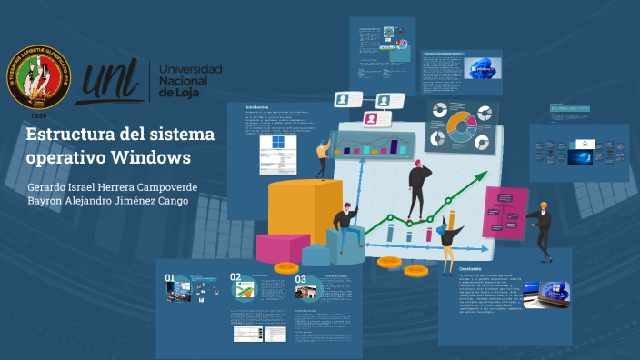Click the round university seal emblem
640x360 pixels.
coord(39,76)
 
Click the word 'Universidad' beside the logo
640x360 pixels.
coord(191,70)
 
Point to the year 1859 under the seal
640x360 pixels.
coord(39,116)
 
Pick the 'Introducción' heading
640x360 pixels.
coord(257,107)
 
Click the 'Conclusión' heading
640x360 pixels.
coord(470,270)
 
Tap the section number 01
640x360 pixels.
coord(170,277)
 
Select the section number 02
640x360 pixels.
coord(235,277)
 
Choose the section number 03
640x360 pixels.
coord(301,280)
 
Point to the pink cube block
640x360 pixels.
coord(282,247)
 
